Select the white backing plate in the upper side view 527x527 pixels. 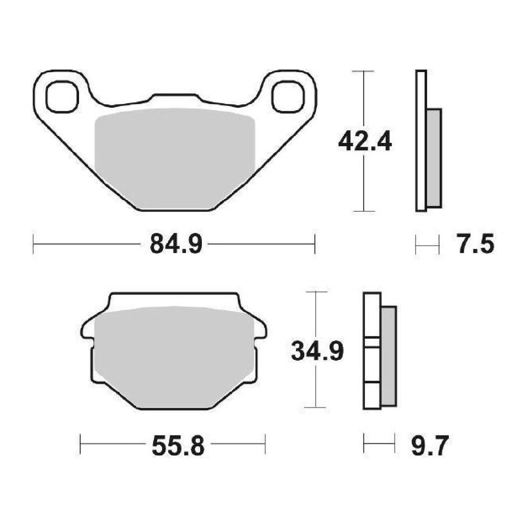(x=421, y=141)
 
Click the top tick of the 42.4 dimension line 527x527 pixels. (x=363, y=71)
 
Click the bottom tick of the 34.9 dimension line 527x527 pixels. (x=315, y=407)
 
